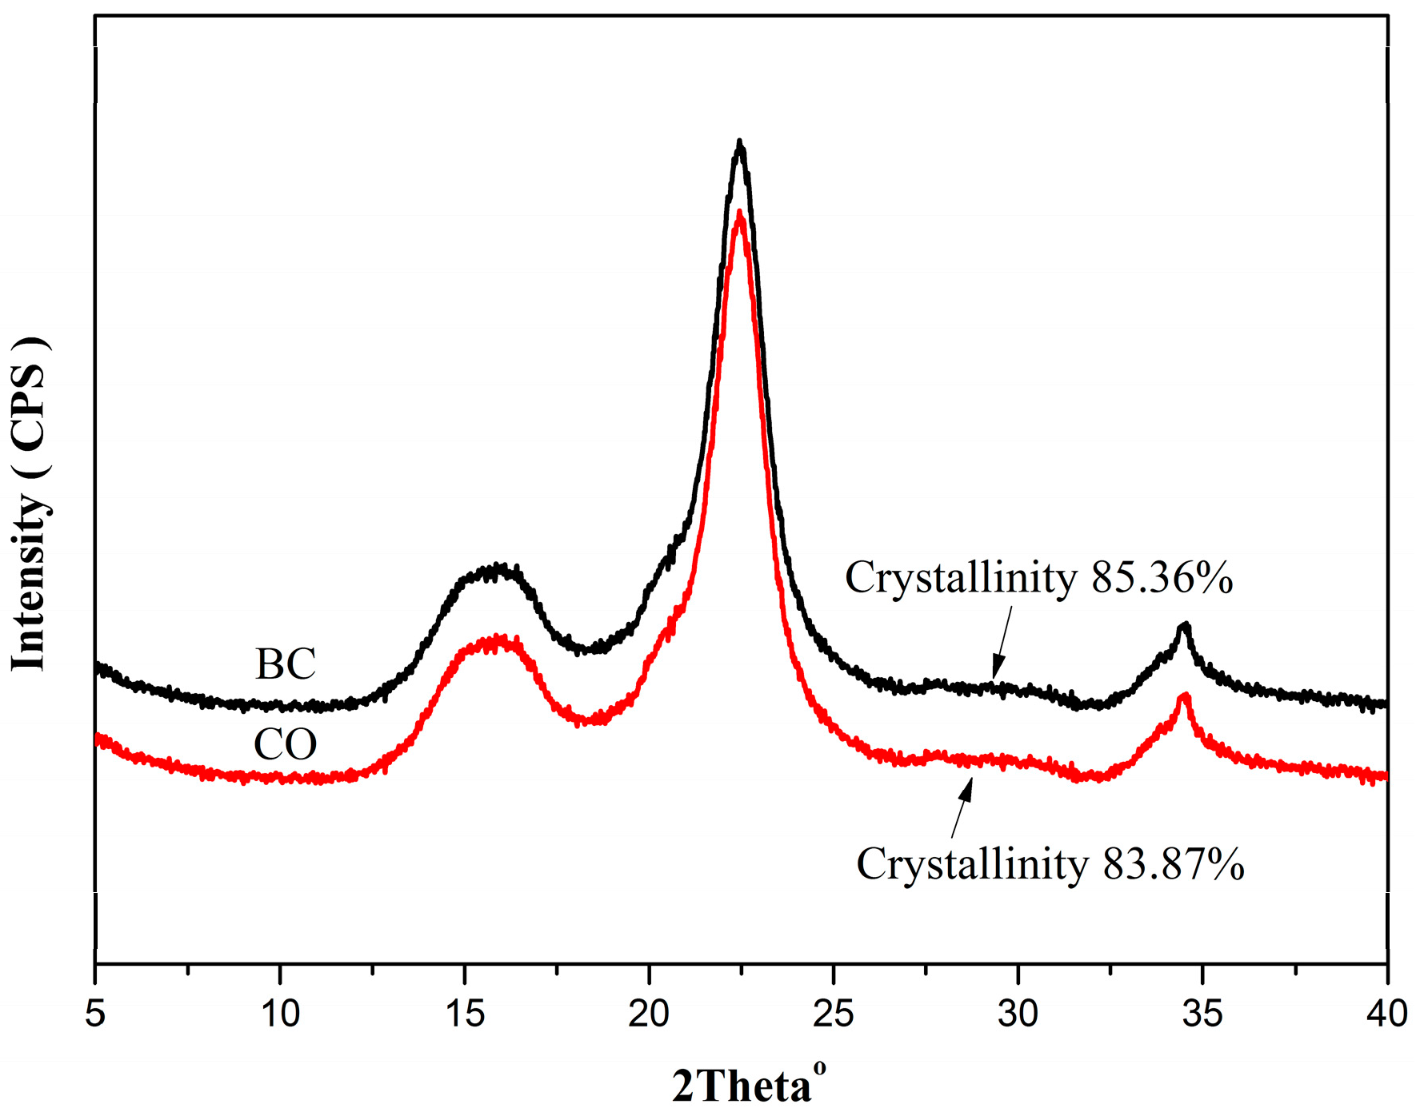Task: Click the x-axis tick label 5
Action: tap(95, 1014)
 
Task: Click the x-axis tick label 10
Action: tap(280, 1014)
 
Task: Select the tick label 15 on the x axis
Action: tap(465, 1014)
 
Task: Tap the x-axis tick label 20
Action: tap(649, 1014)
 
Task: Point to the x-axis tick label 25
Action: tap(834, 1014)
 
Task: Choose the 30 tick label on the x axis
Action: tap(1018, 1014)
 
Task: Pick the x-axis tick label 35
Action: tap(1202, 1014)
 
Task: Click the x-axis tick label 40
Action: tap(1386, 1014)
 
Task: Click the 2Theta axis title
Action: tap(748, 1086)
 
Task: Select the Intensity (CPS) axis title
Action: tap(29, 504)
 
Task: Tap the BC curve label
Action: tap(286, 664)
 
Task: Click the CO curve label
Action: tap(286, 744)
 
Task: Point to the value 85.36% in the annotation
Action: tap(1162, 577)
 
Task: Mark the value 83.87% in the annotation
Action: tap(1173, 864)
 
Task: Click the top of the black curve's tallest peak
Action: tap(740, 144)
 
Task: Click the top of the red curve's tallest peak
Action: tap(740, 214)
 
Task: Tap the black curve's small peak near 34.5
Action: tap(1185, 626)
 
